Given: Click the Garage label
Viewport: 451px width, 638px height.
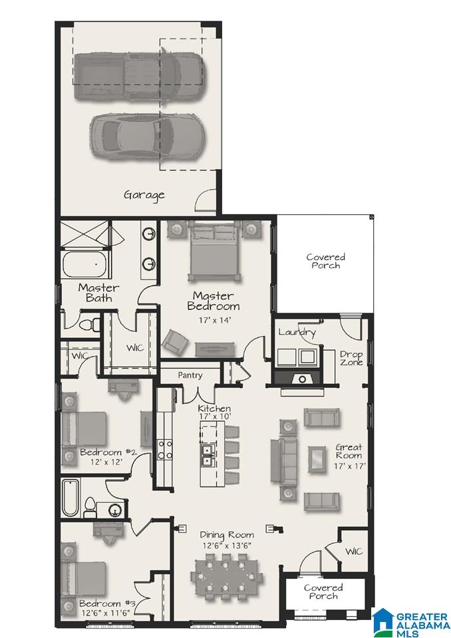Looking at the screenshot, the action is point(144,196).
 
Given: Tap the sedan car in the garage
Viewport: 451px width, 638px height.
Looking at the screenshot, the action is point(148,136).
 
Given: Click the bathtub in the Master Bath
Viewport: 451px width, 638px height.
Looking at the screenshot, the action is point(86,265).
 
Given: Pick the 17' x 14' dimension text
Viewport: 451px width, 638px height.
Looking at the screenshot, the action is point(215,320).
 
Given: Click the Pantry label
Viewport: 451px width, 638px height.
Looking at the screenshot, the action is point(190,375).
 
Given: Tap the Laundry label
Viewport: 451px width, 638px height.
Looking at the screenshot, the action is point(297,333).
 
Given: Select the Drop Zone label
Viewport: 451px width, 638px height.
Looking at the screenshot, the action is point(351,358).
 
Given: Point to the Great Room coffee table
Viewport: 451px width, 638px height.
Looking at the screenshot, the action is point(317,459).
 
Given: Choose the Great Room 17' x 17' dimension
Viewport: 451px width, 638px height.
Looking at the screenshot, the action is point(349,466).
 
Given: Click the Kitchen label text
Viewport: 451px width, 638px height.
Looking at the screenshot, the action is point(214,408).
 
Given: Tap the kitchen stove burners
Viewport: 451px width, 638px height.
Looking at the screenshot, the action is point(165,449).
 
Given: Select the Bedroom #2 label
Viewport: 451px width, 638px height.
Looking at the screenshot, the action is point(108,452).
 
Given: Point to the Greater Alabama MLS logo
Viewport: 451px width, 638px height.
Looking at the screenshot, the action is point(410,623).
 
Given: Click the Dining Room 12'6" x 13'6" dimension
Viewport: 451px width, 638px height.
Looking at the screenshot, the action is point(227,546).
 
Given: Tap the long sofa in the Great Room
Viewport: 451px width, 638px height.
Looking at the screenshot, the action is point(284,460).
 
